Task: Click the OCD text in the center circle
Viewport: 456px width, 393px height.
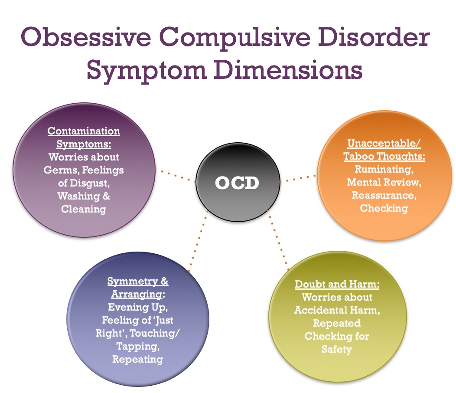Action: [x=237, y=183]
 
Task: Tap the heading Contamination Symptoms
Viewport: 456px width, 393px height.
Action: [x=84, y=138]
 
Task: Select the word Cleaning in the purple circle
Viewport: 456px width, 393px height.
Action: [x=84, y=209]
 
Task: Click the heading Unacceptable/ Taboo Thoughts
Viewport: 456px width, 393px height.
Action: [x=384, y=150]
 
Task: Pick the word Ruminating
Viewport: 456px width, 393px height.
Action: [x=384, y=169]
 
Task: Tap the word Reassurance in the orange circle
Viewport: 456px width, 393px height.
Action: [x=384, y=195]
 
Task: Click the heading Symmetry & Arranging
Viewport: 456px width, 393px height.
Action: [x=138, y=288]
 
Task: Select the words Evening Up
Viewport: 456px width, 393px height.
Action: [x=138, y=307]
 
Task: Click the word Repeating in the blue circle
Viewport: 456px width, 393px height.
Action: [x=137, y=359]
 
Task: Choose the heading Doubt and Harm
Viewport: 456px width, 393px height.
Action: [x=337, y=284]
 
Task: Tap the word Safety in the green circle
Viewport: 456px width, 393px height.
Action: [x=337, y=349]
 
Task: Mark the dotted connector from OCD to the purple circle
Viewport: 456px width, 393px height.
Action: [x=176, y=175]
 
